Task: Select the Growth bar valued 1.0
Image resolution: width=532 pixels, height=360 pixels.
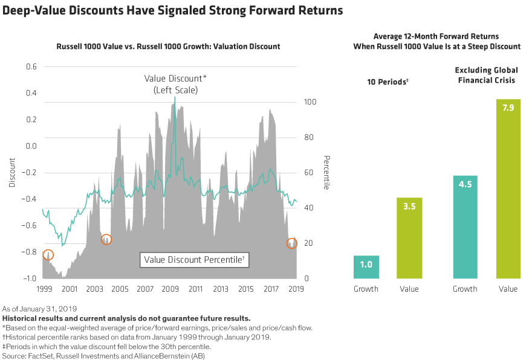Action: click(366, 267)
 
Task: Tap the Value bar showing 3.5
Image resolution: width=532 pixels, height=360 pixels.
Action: click(410, 238)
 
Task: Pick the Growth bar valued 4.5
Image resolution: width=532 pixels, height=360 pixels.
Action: click(465, 227)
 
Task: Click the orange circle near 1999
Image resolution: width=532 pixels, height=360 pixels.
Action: click(48, 255)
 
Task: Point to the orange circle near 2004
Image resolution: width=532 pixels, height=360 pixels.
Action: click(106, 239)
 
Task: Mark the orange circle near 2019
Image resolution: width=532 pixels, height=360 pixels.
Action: click(292, 242)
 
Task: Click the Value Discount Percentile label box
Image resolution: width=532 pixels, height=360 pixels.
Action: click(194, 260)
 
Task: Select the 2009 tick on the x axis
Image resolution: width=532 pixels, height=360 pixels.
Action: click(170, 289)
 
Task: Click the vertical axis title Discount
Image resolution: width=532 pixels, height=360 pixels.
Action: click(12, 172)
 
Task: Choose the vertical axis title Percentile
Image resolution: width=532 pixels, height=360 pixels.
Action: click(326, 172)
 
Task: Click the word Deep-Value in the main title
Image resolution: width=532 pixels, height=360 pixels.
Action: click(35, 10)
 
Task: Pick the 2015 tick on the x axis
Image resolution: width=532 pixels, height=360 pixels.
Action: click(245, 289)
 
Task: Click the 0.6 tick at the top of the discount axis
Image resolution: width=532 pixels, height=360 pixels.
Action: click(31, 66)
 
